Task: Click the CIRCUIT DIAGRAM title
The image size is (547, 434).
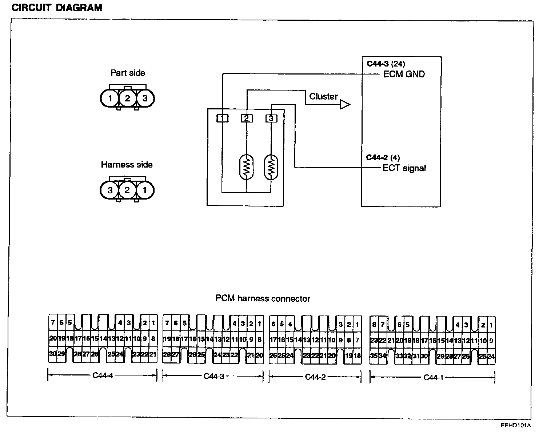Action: [57, 8]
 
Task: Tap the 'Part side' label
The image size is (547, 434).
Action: [128, 73]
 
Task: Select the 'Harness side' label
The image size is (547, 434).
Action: [127, 165]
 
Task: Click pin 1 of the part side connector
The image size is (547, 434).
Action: [110, 98]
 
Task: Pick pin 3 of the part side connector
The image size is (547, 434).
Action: [145, 98]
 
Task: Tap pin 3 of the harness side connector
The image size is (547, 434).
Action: [110, 190]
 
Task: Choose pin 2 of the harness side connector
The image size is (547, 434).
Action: [127, 190]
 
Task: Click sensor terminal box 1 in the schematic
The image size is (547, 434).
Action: [222, 118]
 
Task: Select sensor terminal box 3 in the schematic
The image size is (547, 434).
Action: [271, 118]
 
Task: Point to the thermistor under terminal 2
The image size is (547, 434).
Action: [247, 168]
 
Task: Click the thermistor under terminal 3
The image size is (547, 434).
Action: [271, 168]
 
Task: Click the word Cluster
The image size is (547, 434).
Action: [323, 96]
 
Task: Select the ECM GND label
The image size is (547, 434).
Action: [404, 74]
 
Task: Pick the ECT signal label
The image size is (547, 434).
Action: [404, 168]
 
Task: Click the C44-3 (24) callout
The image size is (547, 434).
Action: [386, 64]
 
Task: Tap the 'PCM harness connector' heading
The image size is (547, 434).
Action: [263, 299]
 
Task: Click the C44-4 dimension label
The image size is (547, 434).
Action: [103, 376]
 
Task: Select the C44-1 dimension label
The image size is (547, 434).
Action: [434, 377]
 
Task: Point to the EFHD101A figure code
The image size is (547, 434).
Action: [515, 425]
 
